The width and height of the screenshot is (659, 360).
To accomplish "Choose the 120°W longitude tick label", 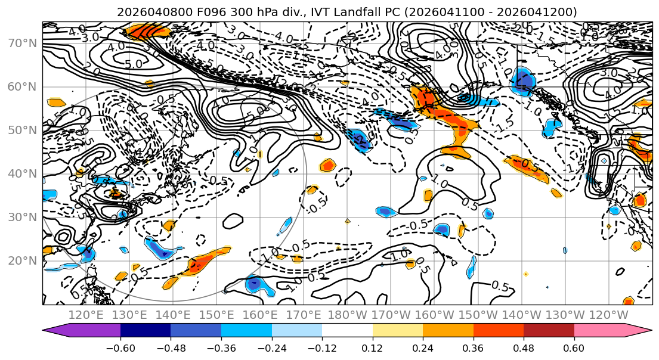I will tap(609, 315).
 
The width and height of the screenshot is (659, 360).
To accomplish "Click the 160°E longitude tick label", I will tap(261, 315).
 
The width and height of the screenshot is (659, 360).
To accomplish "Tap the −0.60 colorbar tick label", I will tap(120, 347).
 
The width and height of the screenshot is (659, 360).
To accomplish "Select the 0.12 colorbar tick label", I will tap(373, 347).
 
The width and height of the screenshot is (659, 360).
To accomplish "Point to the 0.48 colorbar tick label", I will tap(524, 347).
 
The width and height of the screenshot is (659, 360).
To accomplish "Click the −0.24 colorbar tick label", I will tap(271, 347).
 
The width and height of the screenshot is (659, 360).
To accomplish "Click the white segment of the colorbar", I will tap(347, 331).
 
